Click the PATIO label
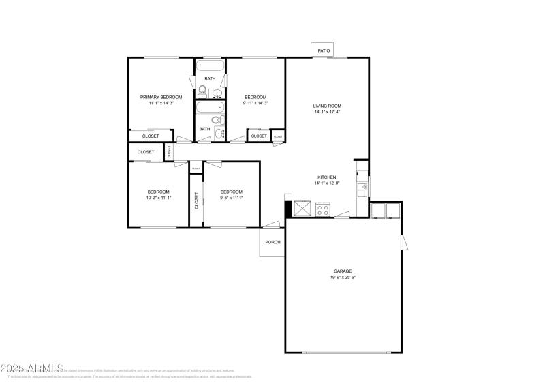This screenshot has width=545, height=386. tap(324, 50)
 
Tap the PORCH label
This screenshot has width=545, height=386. tap(272, 241)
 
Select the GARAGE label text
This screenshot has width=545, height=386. tap(343, 271)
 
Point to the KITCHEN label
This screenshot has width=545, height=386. tap(326, 177)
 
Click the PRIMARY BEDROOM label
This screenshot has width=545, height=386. tap(161, 97)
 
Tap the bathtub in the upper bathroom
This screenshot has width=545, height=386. tap(210, 67)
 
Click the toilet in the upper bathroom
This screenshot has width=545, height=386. tap(202, 89)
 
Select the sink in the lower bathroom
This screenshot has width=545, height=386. tap(219, 132)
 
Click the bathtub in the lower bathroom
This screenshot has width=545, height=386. tap(210, 108)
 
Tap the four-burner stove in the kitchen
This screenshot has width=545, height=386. tap(323, 209)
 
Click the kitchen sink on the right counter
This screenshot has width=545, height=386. tap(363, 185)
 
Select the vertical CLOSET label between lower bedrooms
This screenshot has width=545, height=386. tap(196, 201)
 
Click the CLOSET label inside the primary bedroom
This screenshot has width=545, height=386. tap(151, 136)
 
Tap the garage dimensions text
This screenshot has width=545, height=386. tap(343, 278)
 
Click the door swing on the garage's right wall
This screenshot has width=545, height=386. tap(403, 242)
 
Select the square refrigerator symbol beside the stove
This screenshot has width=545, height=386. tap(303, 208)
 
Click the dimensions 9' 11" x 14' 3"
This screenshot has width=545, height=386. tap(255, 103)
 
